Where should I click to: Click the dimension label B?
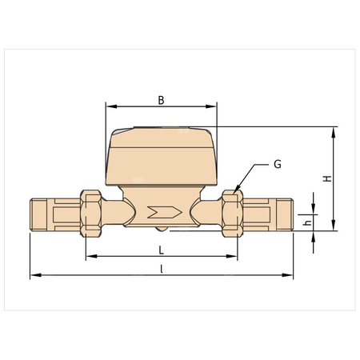click(x=161, y=100)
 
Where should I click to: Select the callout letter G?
click(x=277, y=164)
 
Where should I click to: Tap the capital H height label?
click(x=326, y=178)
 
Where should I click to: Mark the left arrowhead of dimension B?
click(x=109, y=106)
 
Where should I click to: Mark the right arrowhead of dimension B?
click(x=214, y=106)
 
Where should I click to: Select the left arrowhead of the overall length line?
click(x=33, y=276)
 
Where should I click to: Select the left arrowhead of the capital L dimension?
click(x=88, y=257)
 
